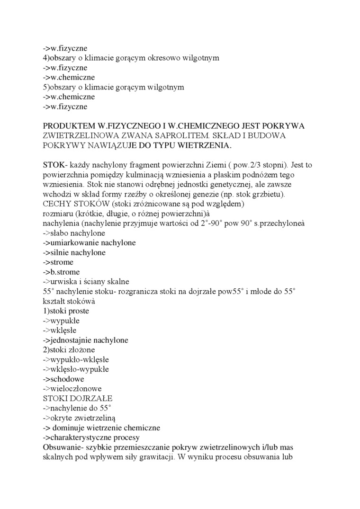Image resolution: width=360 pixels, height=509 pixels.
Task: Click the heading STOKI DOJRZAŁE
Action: tap(78, 398)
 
